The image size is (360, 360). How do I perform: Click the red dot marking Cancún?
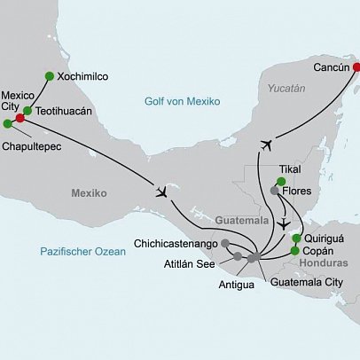coord(356,67)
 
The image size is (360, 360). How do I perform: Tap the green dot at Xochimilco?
coord(48,76)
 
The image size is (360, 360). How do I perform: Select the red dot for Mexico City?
coord(20,117)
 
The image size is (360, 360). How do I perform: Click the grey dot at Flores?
coord(276,191)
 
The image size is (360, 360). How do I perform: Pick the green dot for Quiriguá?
coord(296,239)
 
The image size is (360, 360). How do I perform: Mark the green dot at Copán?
coord(294,251)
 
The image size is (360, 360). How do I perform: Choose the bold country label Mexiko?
coord(88,192)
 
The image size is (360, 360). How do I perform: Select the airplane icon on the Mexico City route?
coord(161,192)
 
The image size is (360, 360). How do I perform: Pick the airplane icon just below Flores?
coord(282,223)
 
